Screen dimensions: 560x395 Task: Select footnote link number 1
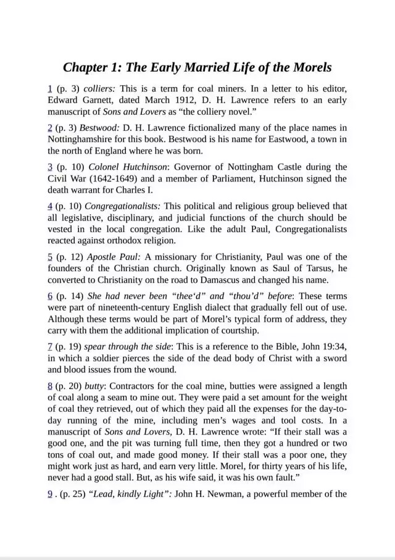tap(50, 89)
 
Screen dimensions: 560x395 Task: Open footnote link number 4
tap(50, 206)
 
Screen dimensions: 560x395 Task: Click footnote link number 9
tap(50, 494)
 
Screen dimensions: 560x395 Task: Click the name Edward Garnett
tap(80, 100)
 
